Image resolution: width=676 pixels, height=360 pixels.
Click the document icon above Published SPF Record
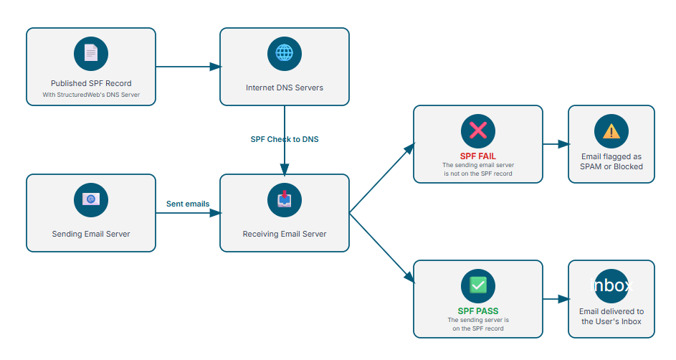coord(91,54)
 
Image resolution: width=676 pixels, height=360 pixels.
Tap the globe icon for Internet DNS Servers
coord(285,54)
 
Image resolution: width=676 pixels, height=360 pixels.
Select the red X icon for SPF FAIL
coord(478,130)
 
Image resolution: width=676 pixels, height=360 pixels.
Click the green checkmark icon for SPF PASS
coord(478,285)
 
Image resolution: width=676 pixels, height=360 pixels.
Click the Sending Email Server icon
coord(91,200)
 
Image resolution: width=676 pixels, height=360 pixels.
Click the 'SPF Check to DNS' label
coord(285,140)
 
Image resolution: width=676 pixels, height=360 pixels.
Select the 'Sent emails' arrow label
coord(188,204)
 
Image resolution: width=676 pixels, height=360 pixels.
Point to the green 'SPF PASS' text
coord(478,311)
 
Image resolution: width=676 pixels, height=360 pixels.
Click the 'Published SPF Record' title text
coord(91,84)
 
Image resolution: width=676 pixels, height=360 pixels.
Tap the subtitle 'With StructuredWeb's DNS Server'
coord(91,95)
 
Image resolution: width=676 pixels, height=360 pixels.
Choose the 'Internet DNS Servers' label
coord(285,88)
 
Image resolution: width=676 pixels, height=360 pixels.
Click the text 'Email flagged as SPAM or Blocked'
coord(611,161)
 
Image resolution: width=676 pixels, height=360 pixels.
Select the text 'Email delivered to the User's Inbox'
coord(611,316)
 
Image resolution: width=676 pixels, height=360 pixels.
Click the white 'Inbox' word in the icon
coord(611,285)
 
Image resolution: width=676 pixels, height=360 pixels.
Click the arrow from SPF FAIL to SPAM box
coord(556,144)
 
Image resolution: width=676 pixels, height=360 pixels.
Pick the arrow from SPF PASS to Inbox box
coord(556,299)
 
